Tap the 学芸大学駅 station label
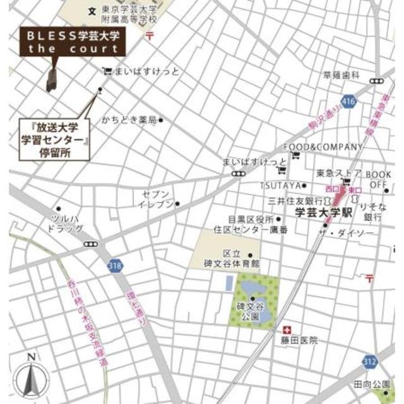pyautogui.click(x=322, y=213)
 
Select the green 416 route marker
pyautogui.click(x=347, y=101)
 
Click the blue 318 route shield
pyautogui.click(x=114, y=265)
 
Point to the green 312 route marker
pyautogui.click(x=371, y=360)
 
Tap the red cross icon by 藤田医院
pyautogui.click(x=287, y=330)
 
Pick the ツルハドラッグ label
pyautogui.click(x=63, y=223)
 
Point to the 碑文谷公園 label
pyautogui.click(x=250, y=312)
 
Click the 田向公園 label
pyautogui.click(x=372, y=384)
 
